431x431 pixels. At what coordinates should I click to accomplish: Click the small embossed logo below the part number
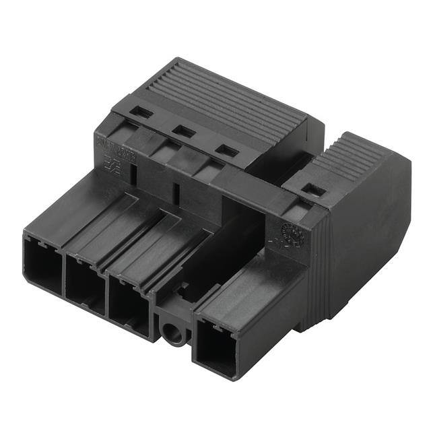point(108,165)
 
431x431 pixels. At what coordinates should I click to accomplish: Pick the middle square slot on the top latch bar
point(183,131)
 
